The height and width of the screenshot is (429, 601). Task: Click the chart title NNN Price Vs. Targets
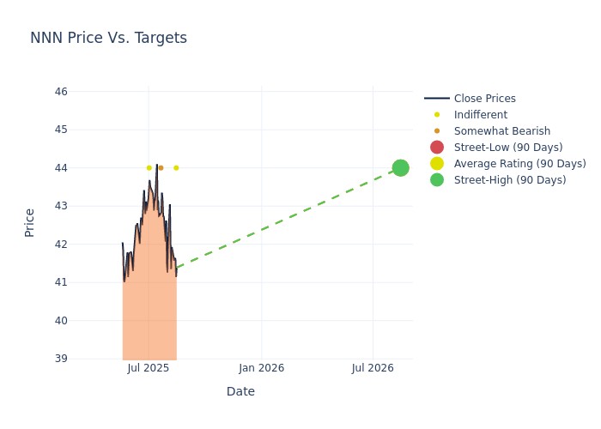click(x=108, y=39)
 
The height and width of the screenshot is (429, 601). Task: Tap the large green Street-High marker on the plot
click(x=400, y=167)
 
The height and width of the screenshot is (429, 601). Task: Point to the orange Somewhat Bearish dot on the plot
click(x=161, y=168)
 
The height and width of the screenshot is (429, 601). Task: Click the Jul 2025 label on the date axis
click(x=149, y=368)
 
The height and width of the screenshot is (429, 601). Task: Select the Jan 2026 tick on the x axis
click(x=262, y=368)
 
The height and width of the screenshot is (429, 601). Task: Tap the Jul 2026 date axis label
click(x=373, y=368)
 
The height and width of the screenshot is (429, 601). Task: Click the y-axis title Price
click(x=30, y=222)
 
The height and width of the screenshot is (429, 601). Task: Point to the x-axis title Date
click(x=240, y=392)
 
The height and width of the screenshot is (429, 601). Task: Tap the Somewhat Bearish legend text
click(x=501, y=131)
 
